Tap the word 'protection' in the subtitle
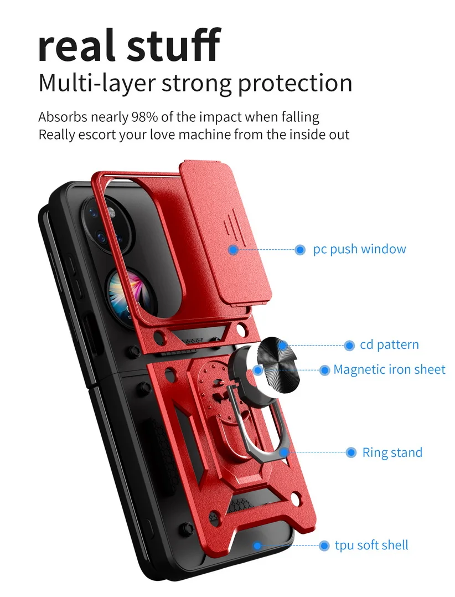(295, 83)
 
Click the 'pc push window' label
(359, 249)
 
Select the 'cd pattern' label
(389, 345)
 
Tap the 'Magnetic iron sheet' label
(389, 369)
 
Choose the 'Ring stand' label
(392, 452)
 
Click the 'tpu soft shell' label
(371, 545)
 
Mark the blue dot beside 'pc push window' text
(300, 250)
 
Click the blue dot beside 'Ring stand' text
(351, 453)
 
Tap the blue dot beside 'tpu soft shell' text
(324, 545)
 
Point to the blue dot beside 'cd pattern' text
(349, 346)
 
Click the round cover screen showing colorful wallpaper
(125, 288)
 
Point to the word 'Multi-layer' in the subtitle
(96, 83)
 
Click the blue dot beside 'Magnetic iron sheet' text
(325, 370)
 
